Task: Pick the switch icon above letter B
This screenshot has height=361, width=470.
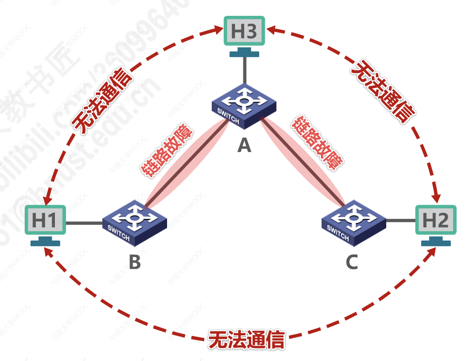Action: click(134, 222)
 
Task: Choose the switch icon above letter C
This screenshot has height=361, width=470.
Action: click(354, 222)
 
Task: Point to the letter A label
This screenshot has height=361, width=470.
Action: click(244, 146)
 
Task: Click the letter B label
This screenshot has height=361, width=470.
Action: click(134, 262)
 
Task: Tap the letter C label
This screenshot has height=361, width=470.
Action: click(352, 262)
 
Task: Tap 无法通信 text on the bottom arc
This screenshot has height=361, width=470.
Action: click(246, 340)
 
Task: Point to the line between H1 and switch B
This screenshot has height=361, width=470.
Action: click(84, 223)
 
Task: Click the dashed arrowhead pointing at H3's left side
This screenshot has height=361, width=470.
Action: click(218, 30)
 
